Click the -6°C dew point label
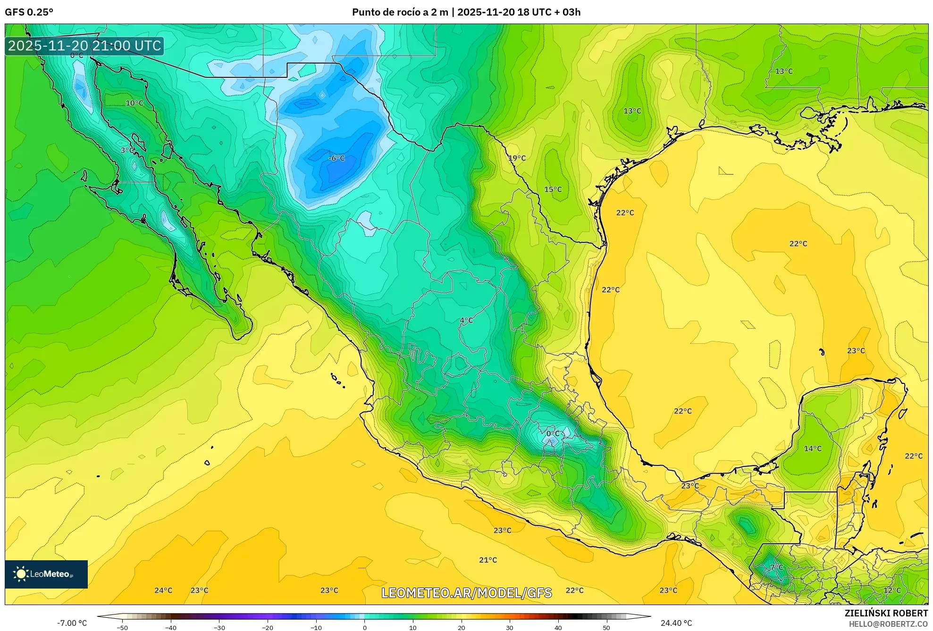pos(336,158)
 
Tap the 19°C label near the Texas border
pos(517,158)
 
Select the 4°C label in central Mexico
pos(466,321)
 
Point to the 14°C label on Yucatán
pos(813,448)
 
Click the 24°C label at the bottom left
pos(163,590)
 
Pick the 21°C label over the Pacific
pos(488,560)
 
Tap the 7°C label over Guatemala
pos(776,567)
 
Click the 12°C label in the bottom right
pos(892,590)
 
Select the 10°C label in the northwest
pos(134,103)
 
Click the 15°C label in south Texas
pos(553,190)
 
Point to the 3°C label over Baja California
pos(127,150)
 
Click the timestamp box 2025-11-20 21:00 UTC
pos(84,46)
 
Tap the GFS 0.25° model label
pos(29,12)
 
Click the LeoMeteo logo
pos(46,574)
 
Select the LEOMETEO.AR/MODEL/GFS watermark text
pos(466,593)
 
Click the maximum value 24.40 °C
pos(676,623)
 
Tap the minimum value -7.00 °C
pos(72,623)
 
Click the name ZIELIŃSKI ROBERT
pos(886,613)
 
